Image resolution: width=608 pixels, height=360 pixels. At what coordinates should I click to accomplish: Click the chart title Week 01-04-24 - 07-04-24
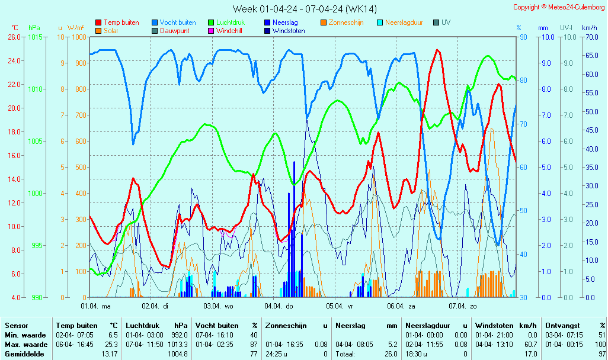click(x=305, y=9)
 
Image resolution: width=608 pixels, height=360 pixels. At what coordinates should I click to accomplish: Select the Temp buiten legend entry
click(x=121, y=22)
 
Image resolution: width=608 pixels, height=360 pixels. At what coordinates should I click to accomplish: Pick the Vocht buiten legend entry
click(x=177, y=22)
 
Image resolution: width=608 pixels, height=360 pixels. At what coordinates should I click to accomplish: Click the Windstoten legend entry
click(x=289, y=31)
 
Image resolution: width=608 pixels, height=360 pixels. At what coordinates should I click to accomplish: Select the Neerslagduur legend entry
click(x=404, y=22)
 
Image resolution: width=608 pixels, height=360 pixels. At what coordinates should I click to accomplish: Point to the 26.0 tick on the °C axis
click(x=14, y=37)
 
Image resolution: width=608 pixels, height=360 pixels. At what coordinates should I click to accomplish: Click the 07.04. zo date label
click(x=462, y=306)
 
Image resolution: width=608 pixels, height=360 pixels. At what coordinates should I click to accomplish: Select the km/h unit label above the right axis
click(x=589, y=28)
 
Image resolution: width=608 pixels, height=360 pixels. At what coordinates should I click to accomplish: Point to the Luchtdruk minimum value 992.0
click(x=178, y=335)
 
